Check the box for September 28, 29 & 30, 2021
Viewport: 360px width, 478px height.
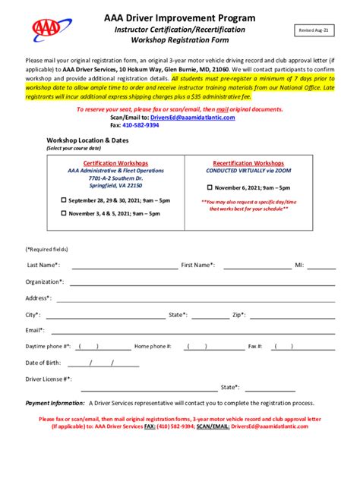tap(64, 200)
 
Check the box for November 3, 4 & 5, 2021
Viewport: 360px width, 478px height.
tap(64, 214)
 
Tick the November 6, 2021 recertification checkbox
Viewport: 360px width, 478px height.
tap(207, 187)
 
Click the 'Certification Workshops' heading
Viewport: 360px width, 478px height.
tap(115, 163)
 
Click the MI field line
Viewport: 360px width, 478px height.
tap(321, 268)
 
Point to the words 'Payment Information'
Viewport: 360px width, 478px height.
tap(55, 403)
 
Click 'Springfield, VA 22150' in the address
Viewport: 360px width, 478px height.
tap(115, 185)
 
